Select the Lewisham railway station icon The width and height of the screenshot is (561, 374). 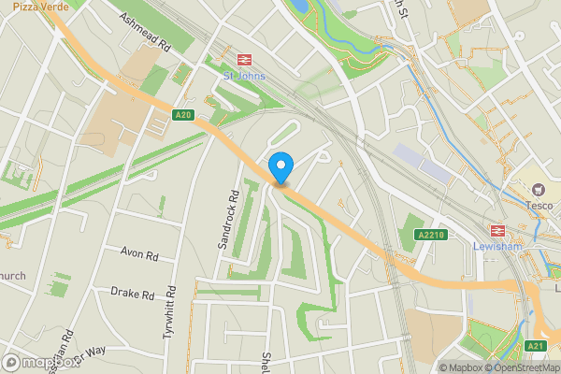(x=497, y=231)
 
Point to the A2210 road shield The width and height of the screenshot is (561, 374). (x=431, y=234)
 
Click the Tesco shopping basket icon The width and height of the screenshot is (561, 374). (x=539, y=190)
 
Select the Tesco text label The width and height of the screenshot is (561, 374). (x=539, y=206)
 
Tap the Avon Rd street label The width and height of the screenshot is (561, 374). (x=139, y=253)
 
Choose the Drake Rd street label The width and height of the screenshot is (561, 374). (x=132, y=294)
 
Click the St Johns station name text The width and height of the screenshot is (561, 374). (x=244, y=76)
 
